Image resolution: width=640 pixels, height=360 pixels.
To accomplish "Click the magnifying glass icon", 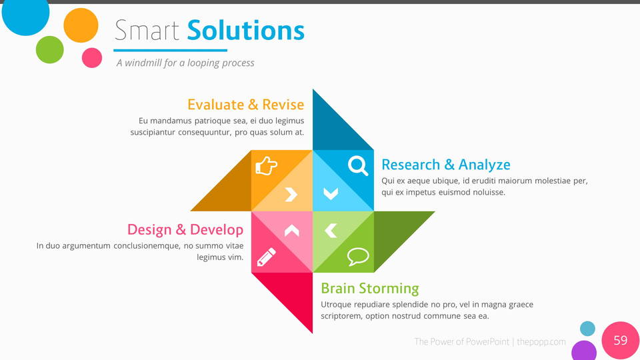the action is (358, 166).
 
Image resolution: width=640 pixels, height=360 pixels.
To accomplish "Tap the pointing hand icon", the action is (266, 166).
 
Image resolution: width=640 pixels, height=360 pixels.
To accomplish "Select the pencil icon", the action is (267, 257).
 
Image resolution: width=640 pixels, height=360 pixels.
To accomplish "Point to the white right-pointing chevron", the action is (291, 194).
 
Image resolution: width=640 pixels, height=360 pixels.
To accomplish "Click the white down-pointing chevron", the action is (331, 193).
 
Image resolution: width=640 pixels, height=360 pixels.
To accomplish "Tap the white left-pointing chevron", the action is (331, 231).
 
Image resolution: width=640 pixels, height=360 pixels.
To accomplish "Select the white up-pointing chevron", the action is (291, 231).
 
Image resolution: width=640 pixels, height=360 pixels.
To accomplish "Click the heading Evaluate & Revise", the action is (246, 105).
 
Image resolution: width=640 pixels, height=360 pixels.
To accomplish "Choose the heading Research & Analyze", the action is (446, 165).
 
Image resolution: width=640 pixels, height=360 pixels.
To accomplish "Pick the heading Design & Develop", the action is (185, 229).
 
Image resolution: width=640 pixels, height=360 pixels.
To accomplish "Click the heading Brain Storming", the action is (370, 288).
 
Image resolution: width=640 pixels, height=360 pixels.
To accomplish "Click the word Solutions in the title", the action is (246, 31).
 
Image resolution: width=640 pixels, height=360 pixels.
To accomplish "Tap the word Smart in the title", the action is (147, 31).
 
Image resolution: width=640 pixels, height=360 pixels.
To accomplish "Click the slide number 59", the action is (621, 340).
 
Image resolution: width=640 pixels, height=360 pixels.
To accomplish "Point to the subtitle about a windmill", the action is (185, 63).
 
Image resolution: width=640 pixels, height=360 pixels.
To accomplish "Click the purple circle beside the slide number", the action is (584, 351).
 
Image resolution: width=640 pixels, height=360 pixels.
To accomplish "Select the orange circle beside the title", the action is (81, 25).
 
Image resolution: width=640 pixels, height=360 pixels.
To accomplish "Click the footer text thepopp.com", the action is (541, 341).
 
